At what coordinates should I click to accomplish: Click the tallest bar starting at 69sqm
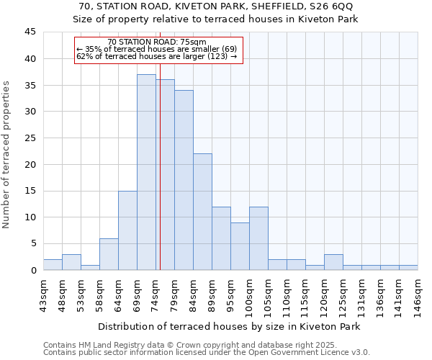pos(146,172)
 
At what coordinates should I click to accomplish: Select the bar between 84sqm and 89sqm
pos(202,212)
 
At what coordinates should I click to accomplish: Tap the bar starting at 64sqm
pos(127,230)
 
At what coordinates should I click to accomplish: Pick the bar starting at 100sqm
pos(258,238)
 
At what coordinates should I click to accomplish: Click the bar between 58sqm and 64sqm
pos(109,254)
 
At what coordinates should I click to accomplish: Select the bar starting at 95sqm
pos(240,246)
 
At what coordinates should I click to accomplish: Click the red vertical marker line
pos(160,180)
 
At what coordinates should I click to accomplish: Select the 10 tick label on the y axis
pos(30,217)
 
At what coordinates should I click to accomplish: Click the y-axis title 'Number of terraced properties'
pos(6,155)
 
